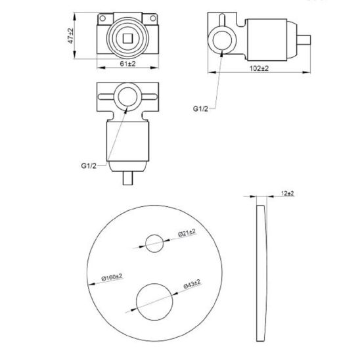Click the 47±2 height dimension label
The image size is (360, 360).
[x=71, y=35]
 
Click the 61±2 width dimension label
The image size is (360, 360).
[x=128, y=64]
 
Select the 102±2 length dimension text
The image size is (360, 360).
[x=259, y=68]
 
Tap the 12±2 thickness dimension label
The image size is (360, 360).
[x=288, y=193]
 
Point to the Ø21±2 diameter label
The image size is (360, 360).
[x=187, y=233]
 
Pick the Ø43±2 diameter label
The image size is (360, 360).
[x=192, y=284]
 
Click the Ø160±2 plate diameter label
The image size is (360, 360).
[x=112, y=277]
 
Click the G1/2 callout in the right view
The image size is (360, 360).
[x=200, y=108]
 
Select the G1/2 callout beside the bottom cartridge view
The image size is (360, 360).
[x=89, y=166]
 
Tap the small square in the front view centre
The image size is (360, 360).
[x=127, y=39]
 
